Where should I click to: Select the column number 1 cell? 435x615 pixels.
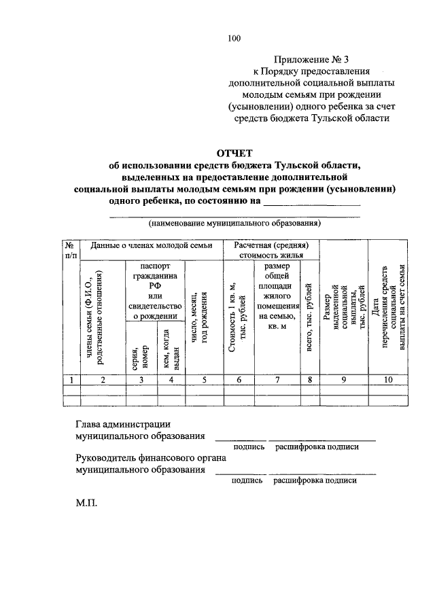pos(71,380)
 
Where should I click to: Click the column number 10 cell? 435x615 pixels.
pos(388,380)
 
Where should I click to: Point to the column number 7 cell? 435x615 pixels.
pos(277,380)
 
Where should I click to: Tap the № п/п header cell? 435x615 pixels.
pos(71,250)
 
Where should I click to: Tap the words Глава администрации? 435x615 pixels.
pos(123,424)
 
